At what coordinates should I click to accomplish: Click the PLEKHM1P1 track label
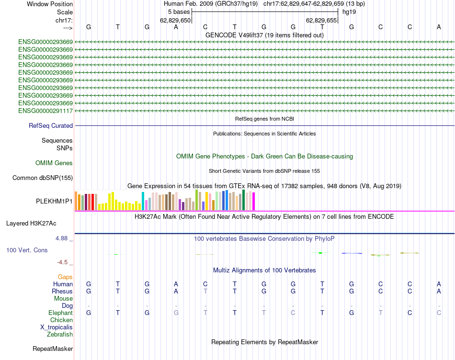(54, 201)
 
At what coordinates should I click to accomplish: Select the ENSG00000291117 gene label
(45, 111)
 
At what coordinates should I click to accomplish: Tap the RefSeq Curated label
(51, 125)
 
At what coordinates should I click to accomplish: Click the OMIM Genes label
(54, 163)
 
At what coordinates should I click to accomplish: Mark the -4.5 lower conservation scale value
(65, 262)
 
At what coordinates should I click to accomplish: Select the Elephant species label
(61, 313)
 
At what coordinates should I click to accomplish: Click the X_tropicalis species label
(57, 327)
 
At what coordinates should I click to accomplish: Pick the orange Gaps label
(65, 277)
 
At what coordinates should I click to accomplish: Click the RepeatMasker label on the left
(53, 349)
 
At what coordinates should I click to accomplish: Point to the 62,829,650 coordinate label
(175, 20)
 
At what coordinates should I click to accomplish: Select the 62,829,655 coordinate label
(321, 20)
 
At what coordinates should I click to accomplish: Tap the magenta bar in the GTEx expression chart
(254, 201)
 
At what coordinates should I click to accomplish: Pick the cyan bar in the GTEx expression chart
(143, 201)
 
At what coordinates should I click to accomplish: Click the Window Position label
(50, 4)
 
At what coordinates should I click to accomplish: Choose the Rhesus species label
(62, 291)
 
